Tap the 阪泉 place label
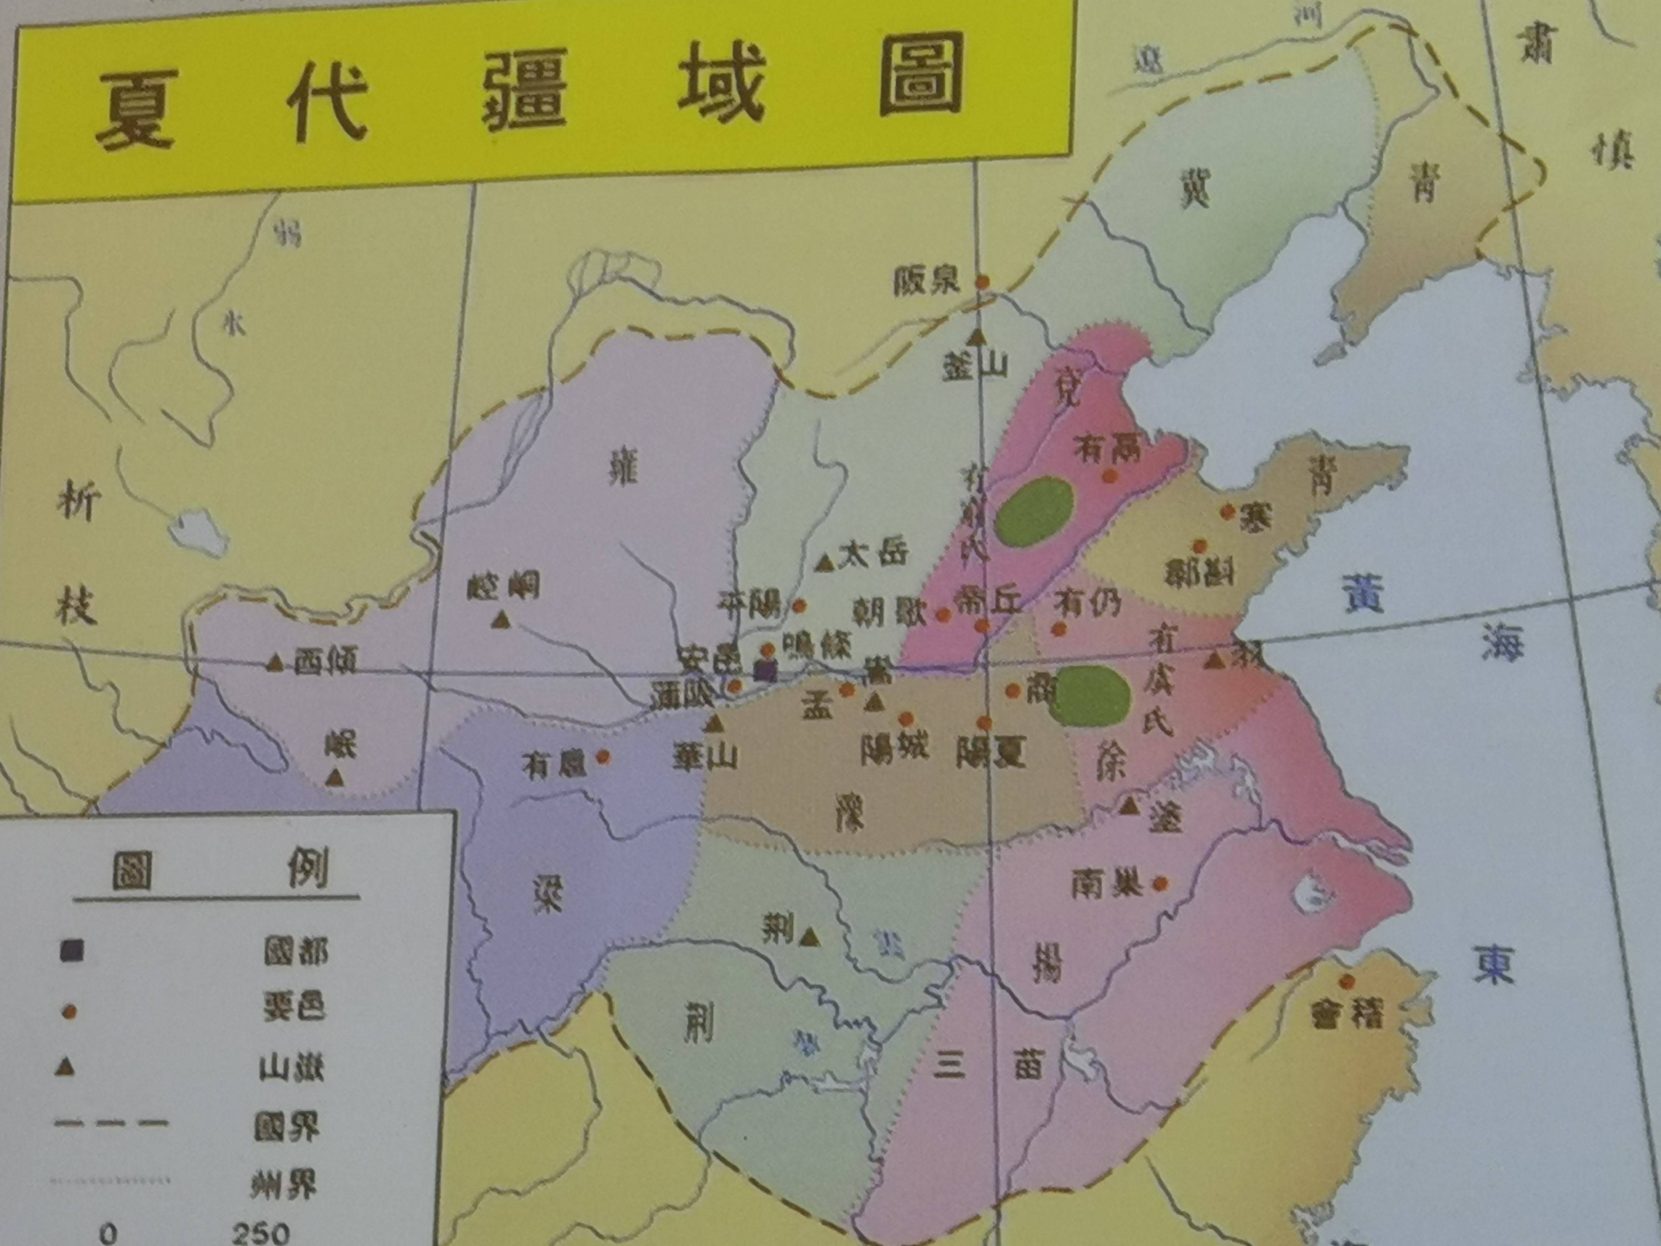pyautogui.click(x=927, y=282)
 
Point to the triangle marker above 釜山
pyautogui.click(x=976, y=337)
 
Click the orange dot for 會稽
pyautogui.click(x=1346, y=982)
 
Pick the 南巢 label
pyautogui.click(x=1108, y=885)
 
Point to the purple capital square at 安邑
pyautogui.click(x=764, y=671)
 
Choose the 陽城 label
pyautogui.click(x=894, y=747)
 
